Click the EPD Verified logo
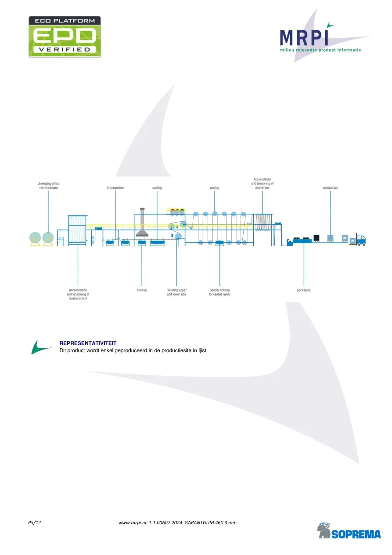click(x=65, y=37)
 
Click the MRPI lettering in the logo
click(x=304, y=38)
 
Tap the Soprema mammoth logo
click(x=349, y=530)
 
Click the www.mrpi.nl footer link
click(x=177, y=523)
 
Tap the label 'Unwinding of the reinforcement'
click(x=48, y=185)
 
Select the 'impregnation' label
click(x=115, y=188)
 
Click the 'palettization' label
click(x=330, y=188)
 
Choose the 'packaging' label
click(x=304, y=290)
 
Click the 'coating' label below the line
click(x=142, y=290)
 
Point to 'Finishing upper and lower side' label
click(x=176, y=292)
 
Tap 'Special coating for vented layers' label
click(x=219, y=292)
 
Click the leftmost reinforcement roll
click(x=35, y=238)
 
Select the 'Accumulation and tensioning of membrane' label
click(x=262, y=184)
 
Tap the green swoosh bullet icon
click(x=41, y=347)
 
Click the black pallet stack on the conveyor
click(x=316, y=238)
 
